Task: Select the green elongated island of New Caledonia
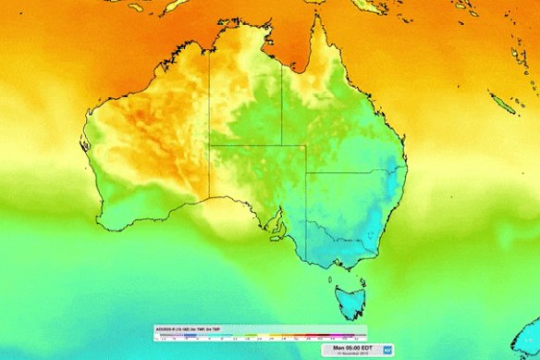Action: (504, 106)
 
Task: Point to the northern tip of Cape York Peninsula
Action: (323, 17)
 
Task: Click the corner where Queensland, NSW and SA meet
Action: (305, 171)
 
